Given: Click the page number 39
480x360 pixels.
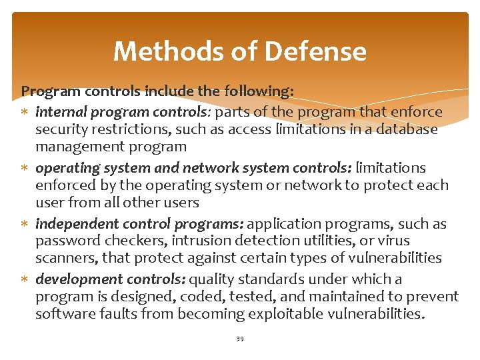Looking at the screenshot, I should (x=239, y=339).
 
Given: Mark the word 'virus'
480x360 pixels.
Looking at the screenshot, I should (x=393, y=241).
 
